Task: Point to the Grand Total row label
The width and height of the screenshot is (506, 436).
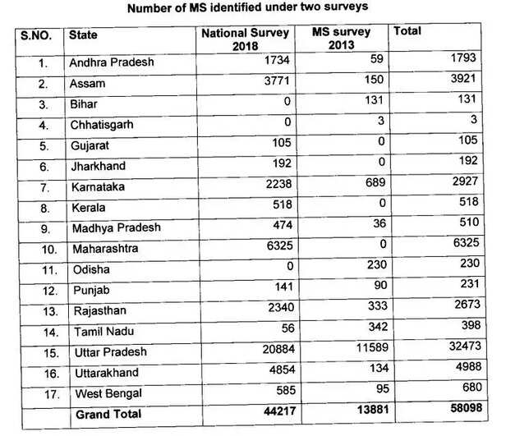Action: click(108, 415)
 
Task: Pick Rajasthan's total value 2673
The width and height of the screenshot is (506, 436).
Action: click(467, 310)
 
